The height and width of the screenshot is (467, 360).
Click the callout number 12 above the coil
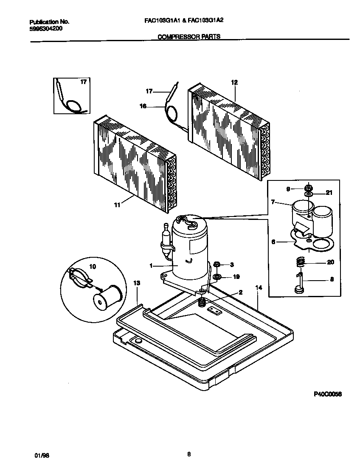point(234,82)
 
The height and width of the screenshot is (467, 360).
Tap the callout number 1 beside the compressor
point(151,266)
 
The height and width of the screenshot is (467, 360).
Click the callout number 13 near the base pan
point(136,283)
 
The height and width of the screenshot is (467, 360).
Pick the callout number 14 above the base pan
point(258,288)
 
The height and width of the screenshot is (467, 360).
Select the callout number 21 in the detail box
point(328,193)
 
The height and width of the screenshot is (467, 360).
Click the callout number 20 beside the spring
point(331,262)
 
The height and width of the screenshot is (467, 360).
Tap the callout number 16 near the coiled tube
point(143,106)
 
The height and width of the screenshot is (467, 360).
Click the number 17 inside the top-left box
point(83,82)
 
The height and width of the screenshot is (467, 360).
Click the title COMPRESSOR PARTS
point(189,37)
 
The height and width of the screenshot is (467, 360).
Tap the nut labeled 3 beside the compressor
point(216,265)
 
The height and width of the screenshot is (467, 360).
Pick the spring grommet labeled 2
point(203,303)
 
